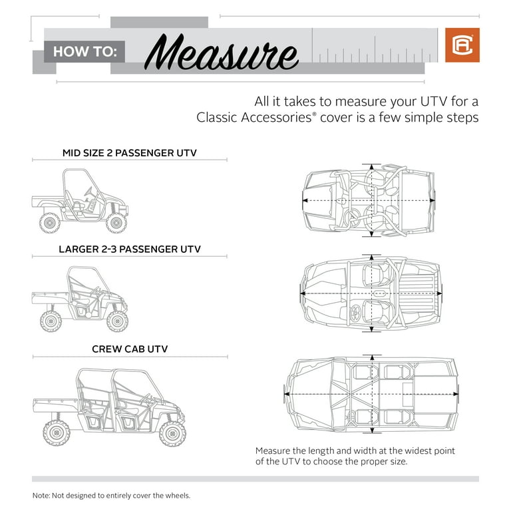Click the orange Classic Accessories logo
(462, 45)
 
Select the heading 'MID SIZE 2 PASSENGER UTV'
(130, 153)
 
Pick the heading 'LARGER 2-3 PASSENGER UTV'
(130, 249)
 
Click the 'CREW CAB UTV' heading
(130, 349)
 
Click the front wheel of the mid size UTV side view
(116, 222)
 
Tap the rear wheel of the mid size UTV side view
(50, 222)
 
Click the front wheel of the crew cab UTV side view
(172, 433)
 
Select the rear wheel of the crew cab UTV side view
(57, 433)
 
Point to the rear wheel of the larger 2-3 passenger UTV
(51, 321)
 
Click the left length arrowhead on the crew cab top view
(287, 394)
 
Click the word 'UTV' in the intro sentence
(418, 102)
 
